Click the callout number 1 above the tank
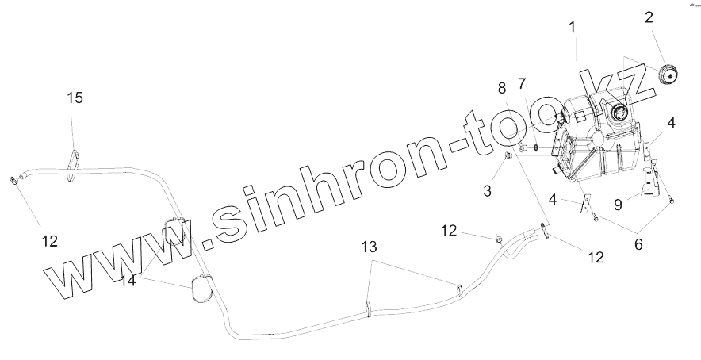(x=570, y=28)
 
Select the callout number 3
(x=486, y=191)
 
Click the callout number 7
(x=522, y=83)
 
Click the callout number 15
(x=75, y=98)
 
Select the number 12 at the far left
(x=49, y=241)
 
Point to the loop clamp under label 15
(x=74, y=159)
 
